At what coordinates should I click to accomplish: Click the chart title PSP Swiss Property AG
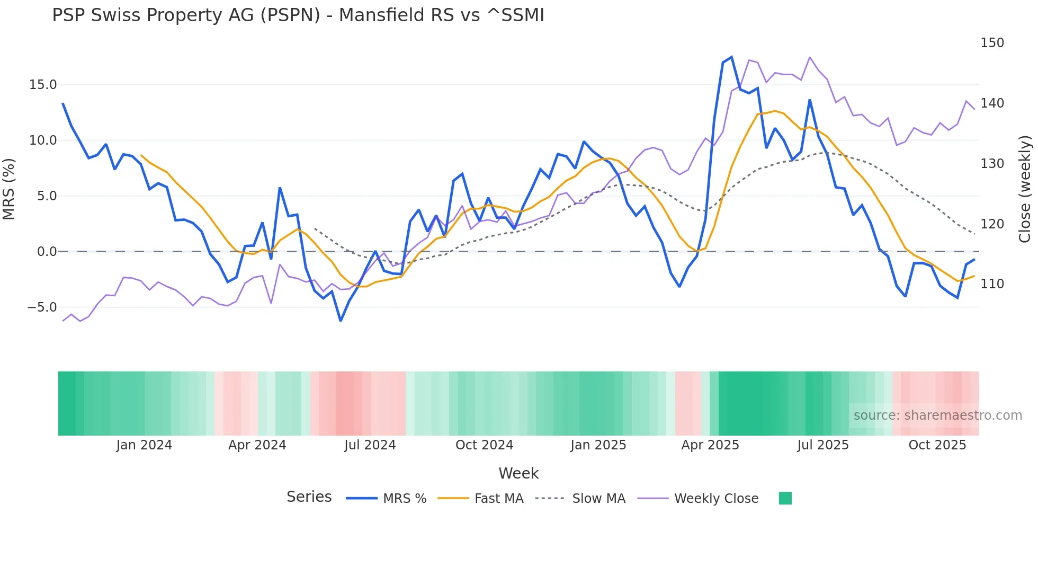tap(298, 15)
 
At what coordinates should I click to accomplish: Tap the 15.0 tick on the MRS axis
tap(43, 85)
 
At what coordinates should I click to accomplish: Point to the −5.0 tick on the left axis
tap(42, 307)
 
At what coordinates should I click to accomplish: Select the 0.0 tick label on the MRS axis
tap(47, 252)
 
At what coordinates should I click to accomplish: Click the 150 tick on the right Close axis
tap(992, 43)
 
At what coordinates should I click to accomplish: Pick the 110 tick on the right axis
tap(992, 284)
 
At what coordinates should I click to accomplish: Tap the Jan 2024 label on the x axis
tap(144, 445)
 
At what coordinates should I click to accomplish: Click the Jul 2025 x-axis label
tap(822, 445)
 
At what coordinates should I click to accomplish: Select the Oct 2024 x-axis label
tap(484, 445)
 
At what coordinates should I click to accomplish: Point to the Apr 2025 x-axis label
tap(710, 445)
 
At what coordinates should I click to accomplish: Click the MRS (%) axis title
tap(9, 189)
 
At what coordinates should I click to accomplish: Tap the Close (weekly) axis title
tap(1025, 189)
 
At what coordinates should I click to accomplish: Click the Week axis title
tap(518, 473)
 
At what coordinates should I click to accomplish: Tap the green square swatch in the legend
tap(785, 498)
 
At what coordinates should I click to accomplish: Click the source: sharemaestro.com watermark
tap(937, 415)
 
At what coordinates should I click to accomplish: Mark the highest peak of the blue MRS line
tap(731, 57)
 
